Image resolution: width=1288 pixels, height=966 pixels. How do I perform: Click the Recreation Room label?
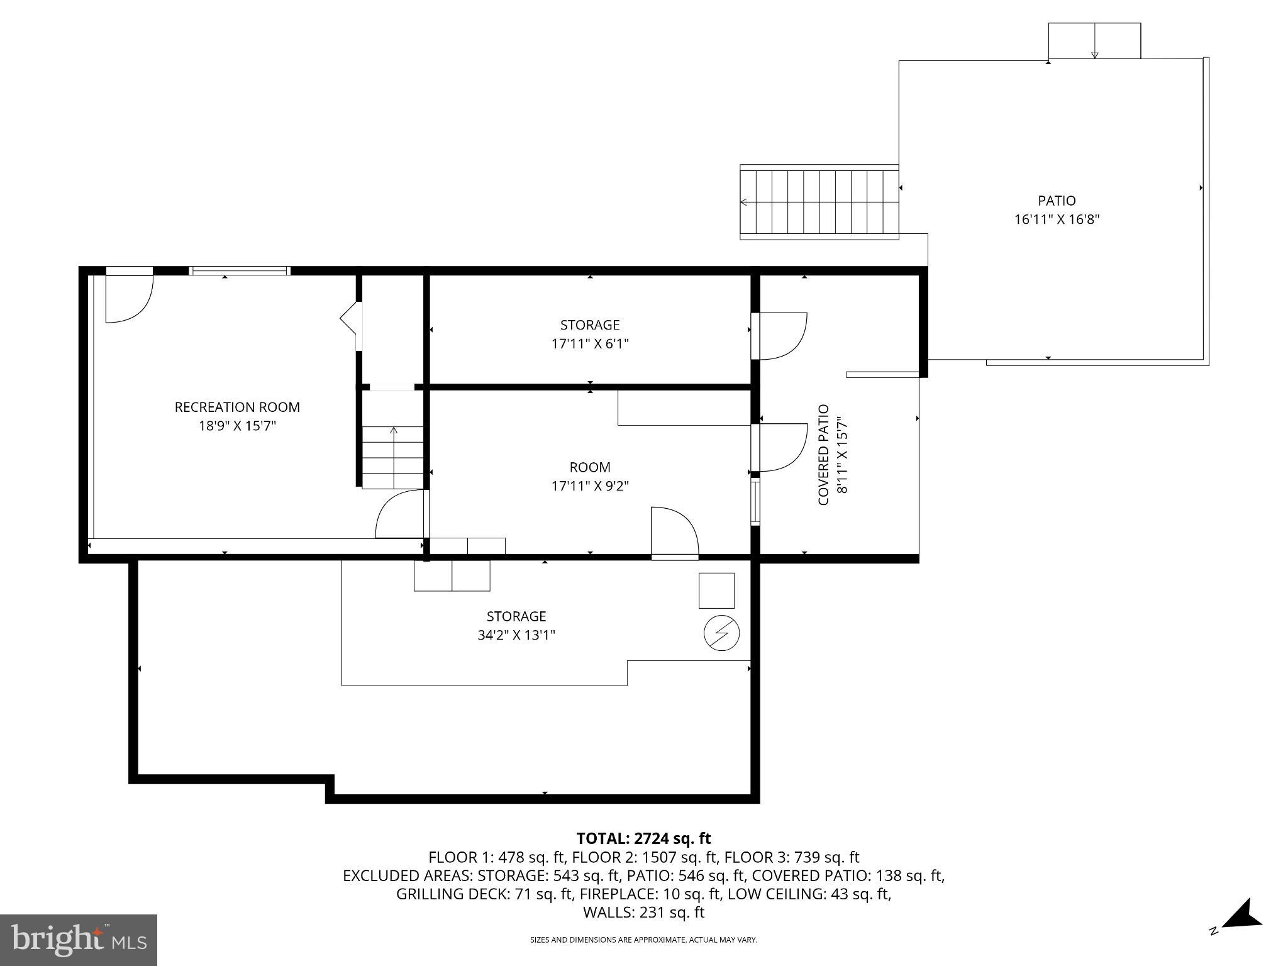(237, 407)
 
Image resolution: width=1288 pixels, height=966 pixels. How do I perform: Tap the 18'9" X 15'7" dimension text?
(237, 426)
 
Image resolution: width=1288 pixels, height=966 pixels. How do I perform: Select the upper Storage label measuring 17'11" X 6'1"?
(589, 325)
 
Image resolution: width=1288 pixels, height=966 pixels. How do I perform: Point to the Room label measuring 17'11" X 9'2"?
(589, 467)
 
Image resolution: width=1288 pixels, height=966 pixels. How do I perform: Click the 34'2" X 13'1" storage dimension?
(516, 635)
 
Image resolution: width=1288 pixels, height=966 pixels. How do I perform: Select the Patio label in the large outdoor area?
(1057, 201)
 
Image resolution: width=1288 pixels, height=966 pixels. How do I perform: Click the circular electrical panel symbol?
(721, 633)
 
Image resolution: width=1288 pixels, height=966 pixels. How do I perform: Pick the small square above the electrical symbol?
(716, 591)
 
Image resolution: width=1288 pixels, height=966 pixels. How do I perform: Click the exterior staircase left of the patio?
(819, 203)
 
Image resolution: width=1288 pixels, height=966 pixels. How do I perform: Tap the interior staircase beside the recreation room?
(393, 457)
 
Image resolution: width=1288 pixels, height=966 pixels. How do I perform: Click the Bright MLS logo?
(79, 940)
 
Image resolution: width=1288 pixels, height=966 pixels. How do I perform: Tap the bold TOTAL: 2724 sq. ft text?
(643, 838)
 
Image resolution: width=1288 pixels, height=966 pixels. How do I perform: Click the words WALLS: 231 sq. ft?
(643, 913)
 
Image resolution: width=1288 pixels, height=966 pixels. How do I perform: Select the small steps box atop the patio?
(1094, 41)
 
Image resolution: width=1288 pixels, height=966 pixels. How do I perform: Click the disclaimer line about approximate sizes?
(643, 940)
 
